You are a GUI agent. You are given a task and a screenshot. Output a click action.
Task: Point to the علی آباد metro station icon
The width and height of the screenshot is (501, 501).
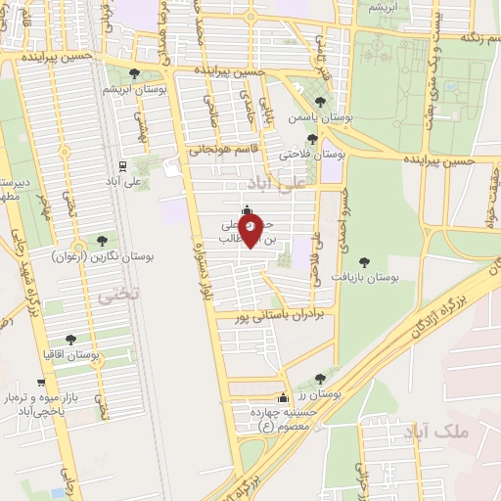click(x=122, y=166)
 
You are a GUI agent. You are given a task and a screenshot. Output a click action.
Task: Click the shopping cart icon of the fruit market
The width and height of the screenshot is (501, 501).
click(x=41, y=383)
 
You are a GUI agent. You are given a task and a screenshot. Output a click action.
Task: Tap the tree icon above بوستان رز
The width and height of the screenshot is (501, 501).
click(x=320, y=378)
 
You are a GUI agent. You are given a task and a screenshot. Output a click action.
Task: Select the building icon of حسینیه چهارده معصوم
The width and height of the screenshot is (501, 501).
click(x=284, y=398)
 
